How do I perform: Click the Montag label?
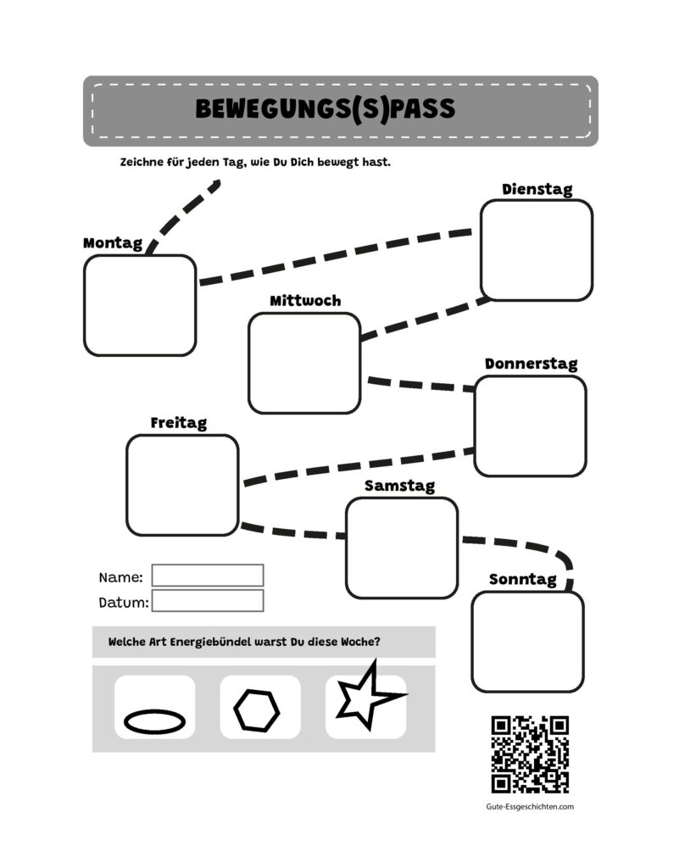click(x=113, y=243)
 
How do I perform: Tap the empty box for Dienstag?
click(x=537, y=250)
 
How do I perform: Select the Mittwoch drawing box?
click(x=304, y=363)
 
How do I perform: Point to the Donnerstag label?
click(x=532, y=364)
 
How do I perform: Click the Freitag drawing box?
click(x=182, y=485)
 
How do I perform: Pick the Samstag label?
click(x=399, y=486)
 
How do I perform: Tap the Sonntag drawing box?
click(x=528, y=642)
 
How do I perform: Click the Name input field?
click(x=208, y=576)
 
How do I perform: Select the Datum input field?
click(x=208, y=601)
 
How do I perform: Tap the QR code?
click(x=530, y=754)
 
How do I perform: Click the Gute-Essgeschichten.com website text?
click(x=530, y=807)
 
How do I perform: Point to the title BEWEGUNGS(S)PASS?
click(x=326, y=109)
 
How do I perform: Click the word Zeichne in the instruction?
click(x=142, y=162)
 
